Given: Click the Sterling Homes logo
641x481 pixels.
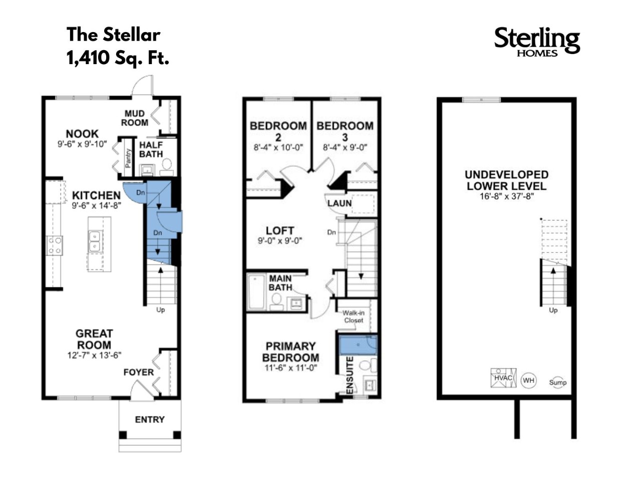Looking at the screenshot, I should (537, 41).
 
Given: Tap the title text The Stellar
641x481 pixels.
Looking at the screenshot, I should (113, 35).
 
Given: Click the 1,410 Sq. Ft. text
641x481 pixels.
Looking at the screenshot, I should (118, 58).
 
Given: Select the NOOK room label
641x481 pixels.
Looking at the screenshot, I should (82, 134).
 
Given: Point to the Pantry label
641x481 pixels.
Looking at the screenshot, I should (128, 159).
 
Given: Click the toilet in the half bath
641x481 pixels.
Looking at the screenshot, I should (167, 165).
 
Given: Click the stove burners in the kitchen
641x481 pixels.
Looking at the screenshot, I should (55, 245).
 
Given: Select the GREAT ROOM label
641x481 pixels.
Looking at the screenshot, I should (94, 339).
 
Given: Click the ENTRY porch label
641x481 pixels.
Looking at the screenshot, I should (149, 419).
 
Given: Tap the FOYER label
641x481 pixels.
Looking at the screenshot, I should (139, 372).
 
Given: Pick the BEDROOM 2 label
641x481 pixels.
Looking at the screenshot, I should (278, 131).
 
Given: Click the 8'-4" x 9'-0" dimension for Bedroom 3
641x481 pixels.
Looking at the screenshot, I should (345, 148).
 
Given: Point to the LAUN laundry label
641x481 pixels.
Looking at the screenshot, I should (339, 203).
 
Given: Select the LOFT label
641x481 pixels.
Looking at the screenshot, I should (279, 230).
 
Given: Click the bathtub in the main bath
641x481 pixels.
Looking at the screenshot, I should (256, 292).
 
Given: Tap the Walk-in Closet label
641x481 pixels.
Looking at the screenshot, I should (353, 317).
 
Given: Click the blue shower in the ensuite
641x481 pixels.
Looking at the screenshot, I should (358, 344).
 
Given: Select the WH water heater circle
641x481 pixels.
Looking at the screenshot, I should (528, 380).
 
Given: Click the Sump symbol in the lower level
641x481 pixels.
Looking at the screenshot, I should (557, 382).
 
